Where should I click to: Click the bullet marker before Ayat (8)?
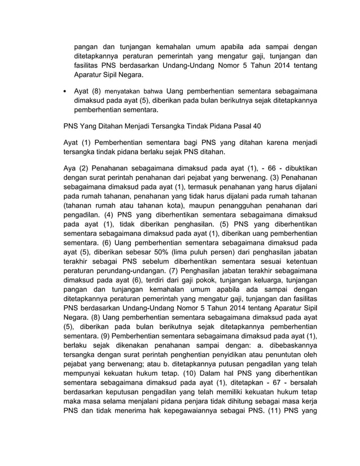click(x=65, y=90)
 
